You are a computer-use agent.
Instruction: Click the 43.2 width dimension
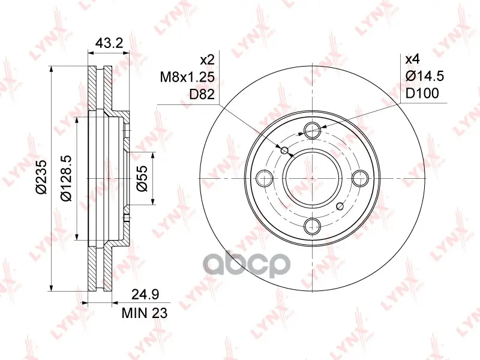(109, 43)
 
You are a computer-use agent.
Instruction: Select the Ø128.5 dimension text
(66, 178)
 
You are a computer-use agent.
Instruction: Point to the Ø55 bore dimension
(142, 178)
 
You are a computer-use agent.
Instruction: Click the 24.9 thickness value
(145, 295)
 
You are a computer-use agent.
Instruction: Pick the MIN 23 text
(145, 313)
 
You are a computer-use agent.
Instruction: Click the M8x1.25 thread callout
(187, 77)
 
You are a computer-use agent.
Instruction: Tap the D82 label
(202, 94)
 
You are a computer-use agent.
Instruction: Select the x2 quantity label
(207, 60)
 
